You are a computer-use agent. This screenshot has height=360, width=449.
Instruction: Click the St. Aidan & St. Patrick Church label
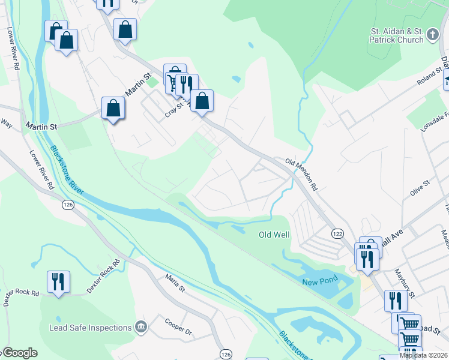pyautogui.click(x=397, y=35)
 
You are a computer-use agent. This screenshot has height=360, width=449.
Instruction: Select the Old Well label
pyautogui.click(x=274, y=235)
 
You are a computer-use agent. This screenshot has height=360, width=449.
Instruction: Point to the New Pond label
pyautogui.click(x=318, y=282)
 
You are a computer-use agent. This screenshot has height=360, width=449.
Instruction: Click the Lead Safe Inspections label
pyautogui.click(x=91, y=328)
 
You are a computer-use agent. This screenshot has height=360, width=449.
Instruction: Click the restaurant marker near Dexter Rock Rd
pyautogui.click(x=59, y=282)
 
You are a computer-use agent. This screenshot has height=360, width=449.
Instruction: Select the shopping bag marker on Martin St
pyautogui.click(x=113, y=109)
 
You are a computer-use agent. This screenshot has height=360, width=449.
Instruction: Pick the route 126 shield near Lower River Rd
pyautogui.click(x=67, y=205)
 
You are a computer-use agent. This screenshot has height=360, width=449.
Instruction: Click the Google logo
pyautogui.click(x=19, y=353)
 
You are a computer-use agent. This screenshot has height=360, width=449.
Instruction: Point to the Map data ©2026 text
pyautogui.click(x=424, y=355)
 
